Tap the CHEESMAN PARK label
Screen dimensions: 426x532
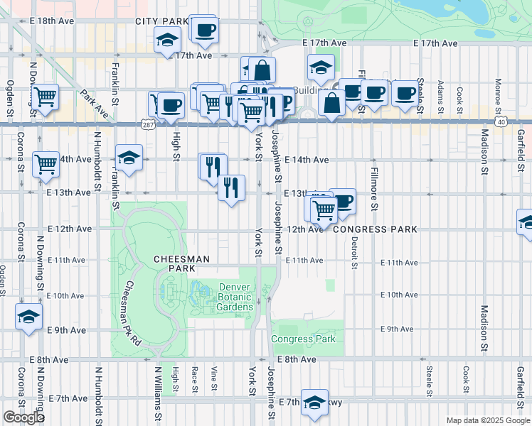click(181, 264)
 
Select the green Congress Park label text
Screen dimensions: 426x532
click(303, 339)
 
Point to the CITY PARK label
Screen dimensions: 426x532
click(163, 22)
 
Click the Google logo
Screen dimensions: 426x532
click(23, 417)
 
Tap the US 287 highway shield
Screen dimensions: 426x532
click(147, 124)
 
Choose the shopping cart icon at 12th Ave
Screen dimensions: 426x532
click(324, 209)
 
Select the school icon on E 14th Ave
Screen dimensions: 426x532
click(129, 158)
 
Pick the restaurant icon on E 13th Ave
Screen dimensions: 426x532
click(231, 187)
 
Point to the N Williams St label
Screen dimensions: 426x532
click(159, 394)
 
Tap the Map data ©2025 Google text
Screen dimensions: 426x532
click(487, 420)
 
